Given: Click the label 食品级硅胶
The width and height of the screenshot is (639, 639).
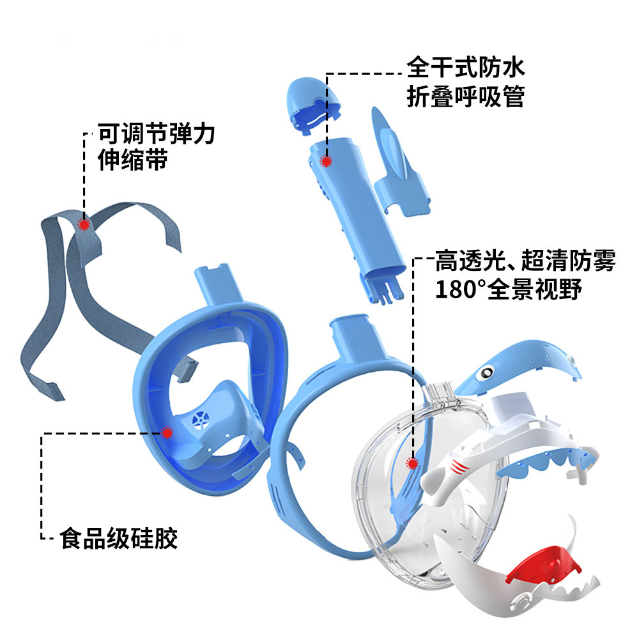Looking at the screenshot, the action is (119, 539).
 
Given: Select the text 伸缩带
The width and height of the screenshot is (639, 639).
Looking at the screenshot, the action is (132, 160).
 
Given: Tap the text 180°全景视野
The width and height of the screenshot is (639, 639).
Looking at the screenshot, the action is (509, 289).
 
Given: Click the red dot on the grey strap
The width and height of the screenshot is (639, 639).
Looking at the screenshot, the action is (84, 224).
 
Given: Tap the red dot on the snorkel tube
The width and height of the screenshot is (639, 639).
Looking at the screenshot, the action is (326, 161).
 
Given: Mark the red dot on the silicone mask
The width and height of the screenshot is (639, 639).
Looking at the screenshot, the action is (167, 433).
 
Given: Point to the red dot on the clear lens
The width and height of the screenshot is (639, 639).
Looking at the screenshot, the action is (412, 463).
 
